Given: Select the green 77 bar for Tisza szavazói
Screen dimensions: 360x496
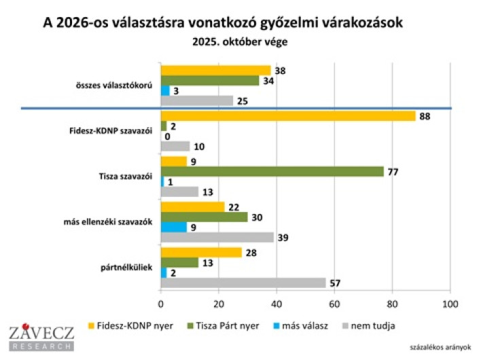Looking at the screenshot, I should tap(272, 172).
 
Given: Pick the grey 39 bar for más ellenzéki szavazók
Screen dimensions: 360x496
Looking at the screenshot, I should tap(217, 238).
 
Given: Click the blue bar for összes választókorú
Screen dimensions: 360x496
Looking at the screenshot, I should tap(165, 90).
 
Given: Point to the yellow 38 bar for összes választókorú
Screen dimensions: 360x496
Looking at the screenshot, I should tap(215, 70).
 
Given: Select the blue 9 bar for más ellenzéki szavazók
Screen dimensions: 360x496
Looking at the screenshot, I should tap(173, 227).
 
